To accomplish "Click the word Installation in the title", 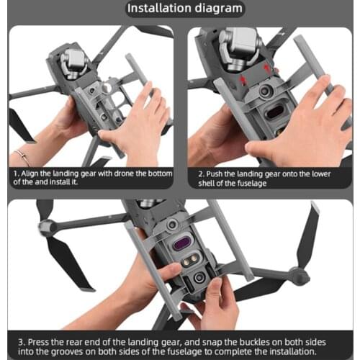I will (158, 9).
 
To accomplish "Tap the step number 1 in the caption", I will (14, 174).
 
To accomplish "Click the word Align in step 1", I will (31, 174).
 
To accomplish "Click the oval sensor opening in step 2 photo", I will (276, 113).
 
